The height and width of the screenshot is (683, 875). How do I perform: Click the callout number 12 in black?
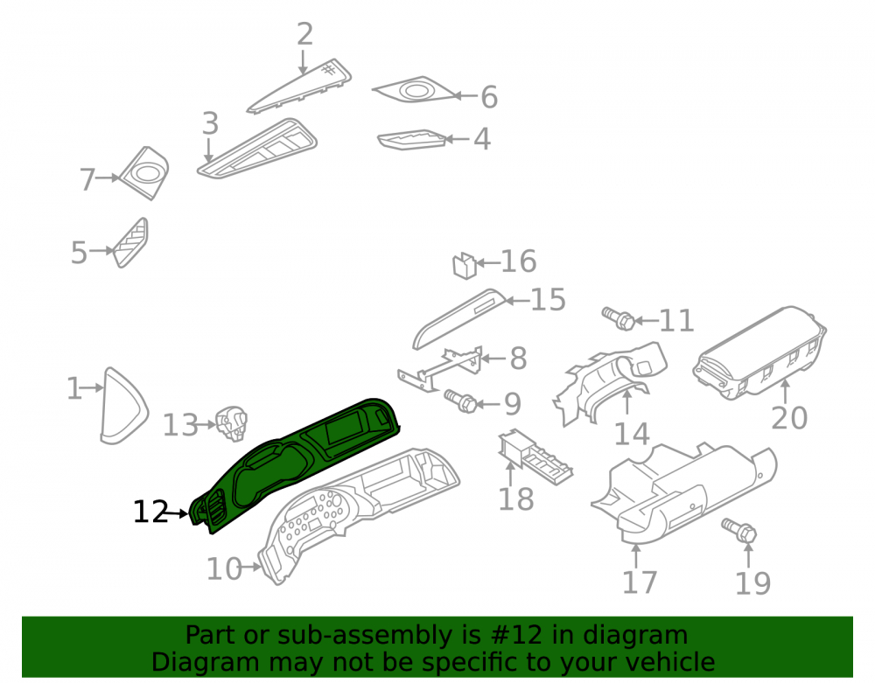click(x=150, y=512)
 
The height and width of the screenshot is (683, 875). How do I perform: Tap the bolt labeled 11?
click(x=619, y=317)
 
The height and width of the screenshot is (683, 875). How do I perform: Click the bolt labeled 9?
click(x=460, y=401)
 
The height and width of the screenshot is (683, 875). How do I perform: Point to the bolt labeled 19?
click(x=738, y=530)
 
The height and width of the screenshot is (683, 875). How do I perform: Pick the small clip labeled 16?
click(x=464, y=265)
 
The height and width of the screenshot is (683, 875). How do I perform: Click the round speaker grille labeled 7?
click(x=144, y=173)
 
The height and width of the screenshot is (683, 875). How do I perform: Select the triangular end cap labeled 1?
click(x=124, y=406)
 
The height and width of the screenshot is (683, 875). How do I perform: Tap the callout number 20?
click(x=789, y=418)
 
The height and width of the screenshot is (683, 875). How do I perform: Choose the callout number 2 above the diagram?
click(x=304, y=35)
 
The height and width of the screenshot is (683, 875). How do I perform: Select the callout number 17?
click(x=640, y=582)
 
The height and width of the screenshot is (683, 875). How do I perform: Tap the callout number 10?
click(x=224, y=569)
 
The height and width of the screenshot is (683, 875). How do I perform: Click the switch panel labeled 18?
click(x=535, y=457)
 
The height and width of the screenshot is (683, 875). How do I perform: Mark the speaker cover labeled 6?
click(x=414, y=90)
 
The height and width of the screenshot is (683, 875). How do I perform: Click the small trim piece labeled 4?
click(x=412, y=140)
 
